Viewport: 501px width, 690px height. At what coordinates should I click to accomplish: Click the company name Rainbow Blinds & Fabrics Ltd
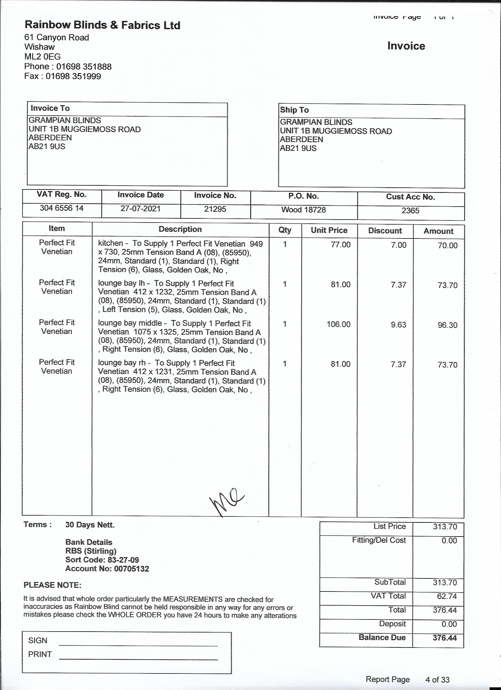tap(102, 25)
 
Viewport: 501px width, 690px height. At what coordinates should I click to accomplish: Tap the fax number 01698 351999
tap(73, 76)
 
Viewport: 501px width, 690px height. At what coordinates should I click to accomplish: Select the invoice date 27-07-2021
tap(140, 209)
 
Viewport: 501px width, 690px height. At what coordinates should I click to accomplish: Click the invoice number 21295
tap(215, 209)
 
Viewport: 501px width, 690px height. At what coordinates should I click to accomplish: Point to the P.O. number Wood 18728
tap(303, 210)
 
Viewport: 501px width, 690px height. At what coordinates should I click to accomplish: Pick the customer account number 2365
tap(410, 210)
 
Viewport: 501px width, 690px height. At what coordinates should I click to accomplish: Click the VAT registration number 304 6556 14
tap(62, 208)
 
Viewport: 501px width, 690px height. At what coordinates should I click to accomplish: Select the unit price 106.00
tap(338, 324)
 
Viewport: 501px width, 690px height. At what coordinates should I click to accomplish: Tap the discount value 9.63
tap(398, 325)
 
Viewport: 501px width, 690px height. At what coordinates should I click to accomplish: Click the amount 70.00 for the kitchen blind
tap(447, 246)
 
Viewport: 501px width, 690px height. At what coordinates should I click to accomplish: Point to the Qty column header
tap(285, 230)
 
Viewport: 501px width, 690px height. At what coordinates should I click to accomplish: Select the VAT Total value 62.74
tap(446, 596)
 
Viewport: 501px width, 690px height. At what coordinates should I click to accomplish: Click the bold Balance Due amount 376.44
tap(444, 638)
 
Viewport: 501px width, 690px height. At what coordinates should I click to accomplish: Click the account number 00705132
tap(131, 569)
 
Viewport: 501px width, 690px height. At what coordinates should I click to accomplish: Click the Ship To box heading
tap(294, 110)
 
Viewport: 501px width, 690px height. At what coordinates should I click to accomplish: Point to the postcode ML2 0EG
tap(42, 57)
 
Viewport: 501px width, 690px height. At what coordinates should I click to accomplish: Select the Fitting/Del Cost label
tap(379, 540)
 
